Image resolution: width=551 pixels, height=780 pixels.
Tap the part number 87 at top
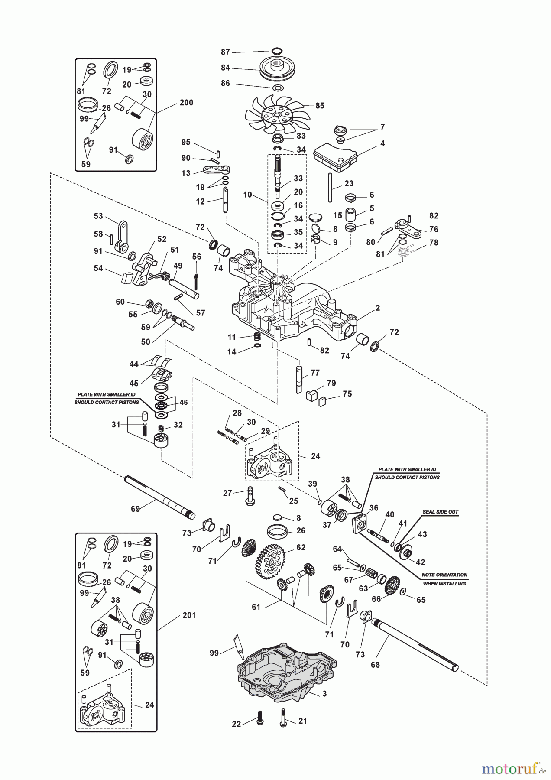[225, 52]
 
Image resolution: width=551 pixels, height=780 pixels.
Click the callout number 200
[186, 103]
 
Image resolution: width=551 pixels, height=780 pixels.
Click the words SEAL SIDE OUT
[440, 512]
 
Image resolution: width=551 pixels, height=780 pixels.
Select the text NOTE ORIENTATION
[444, 575]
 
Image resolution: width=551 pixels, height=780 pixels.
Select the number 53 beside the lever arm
[98, 216]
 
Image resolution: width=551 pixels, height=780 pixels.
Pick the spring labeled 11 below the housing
[258, 337]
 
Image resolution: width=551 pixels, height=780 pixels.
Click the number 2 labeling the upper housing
[378, 308]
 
